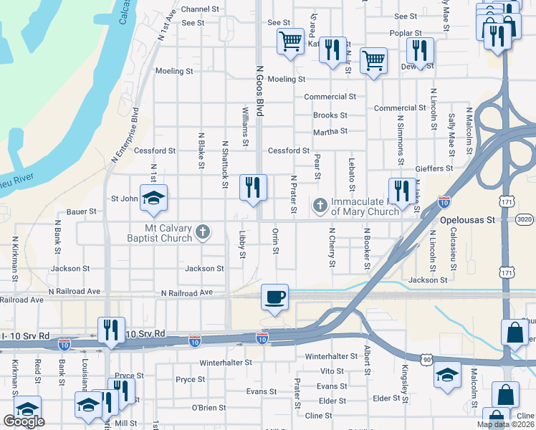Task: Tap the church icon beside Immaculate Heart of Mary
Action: [320, 206]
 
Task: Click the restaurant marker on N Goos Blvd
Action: [252, 188]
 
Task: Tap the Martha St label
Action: [330, 131]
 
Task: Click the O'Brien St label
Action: [209, 408]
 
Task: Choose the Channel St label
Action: [201, 9]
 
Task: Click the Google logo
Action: [24, 421]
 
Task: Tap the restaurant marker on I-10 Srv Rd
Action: [111, 330]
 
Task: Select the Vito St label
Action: [332, 371]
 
